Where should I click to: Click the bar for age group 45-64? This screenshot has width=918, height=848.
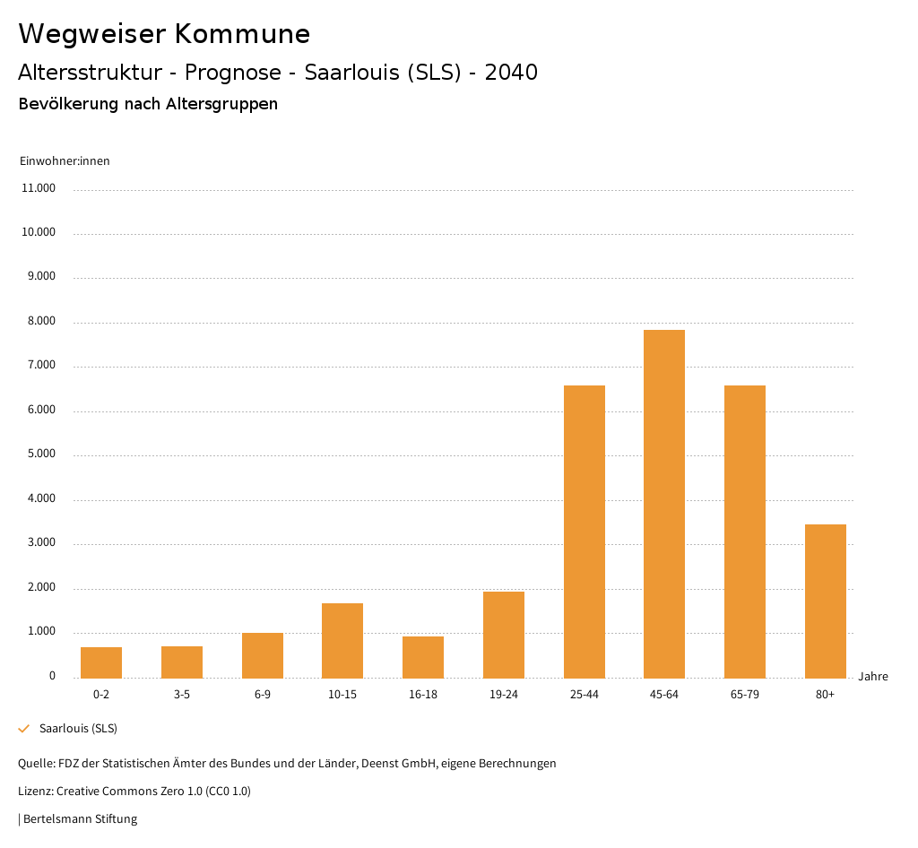point(664,504)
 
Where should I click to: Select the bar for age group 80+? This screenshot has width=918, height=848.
point(825,601)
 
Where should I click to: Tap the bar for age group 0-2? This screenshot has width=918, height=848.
point(101,662)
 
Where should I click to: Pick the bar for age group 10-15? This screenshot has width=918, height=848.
point(342,640)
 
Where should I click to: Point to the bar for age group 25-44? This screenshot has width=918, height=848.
point(584,532)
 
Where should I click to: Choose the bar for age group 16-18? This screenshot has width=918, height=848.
point(423,657)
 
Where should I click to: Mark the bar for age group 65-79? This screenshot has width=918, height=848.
point(744,532)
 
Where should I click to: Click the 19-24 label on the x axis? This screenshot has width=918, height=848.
point(504,695)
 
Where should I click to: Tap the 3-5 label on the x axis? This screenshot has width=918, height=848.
point(182,695)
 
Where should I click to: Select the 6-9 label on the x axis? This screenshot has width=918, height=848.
point(263,695)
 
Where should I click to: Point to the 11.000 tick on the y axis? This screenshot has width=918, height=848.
point(39,188)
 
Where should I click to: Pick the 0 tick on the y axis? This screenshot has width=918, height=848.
point(52,676)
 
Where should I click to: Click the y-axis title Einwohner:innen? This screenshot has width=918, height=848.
point(65,161)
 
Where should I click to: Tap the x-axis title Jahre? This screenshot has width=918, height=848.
point(872,677)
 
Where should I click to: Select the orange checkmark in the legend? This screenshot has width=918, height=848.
point(24,729)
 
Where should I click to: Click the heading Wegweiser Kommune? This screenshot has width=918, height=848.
point(164,34)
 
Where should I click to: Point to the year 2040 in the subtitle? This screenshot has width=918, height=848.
point(511,73)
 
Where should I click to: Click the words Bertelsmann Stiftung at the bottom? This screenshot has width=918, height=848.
point(80,818)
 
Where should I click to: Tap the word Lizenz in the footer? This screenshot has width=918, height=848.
point(35,791)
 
